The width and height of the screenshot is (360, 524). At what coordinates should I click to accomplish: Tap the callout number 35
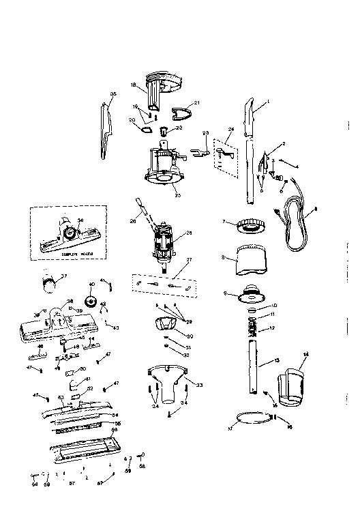coord(113,93)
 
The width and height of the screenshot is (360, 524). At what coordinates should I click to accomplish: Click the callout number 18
coord(134,85)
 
